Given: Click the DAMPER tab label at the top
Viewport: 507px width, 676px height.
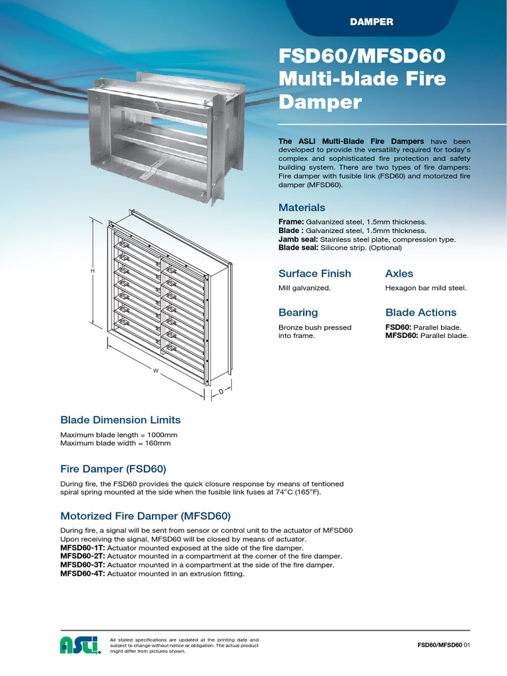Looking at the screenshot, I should (x=371, y=22).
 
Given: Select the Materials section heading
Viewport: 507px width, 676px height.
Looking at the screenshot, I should (x=302, y=207).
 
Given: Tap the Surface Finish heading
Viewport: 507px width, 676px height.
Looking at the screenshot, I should (x=314, y=273).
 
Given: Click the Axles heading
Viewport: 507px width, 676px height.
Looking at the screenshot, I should (x=399, y=273).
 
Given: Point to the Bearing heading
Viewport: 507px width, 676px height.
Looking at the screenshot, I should (x=298, y=312).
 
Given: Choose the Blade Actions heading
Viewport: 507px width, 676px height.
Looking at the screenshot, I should (x=421, y=312).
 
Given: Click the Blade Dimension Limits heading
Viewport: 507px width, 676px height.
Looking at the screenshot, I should (x=120, y=420).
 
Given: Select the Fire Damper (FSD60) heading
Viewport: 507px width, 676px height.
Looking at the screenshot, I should (x=113, y=469).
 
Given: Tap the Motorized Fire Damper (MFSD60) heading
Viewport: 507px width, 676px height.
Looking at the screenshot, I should (x=145, y=516).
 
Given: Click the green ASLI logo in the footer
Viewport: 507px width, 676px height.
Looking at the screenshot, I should (x=80, y=644).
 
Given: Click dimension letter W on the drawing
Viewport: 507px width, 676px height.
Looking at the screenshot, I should (x=156, y=371).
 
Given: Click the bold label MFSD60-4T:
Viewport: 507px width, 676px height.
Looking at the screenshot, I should (x=83, y=574).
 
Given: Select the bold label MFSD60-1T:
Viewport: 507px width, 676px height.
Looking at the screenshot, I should (x=83, y=548).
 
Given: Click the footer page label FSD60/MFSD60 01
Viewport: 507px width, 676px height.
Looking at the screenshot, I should (x=443, y=645).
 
